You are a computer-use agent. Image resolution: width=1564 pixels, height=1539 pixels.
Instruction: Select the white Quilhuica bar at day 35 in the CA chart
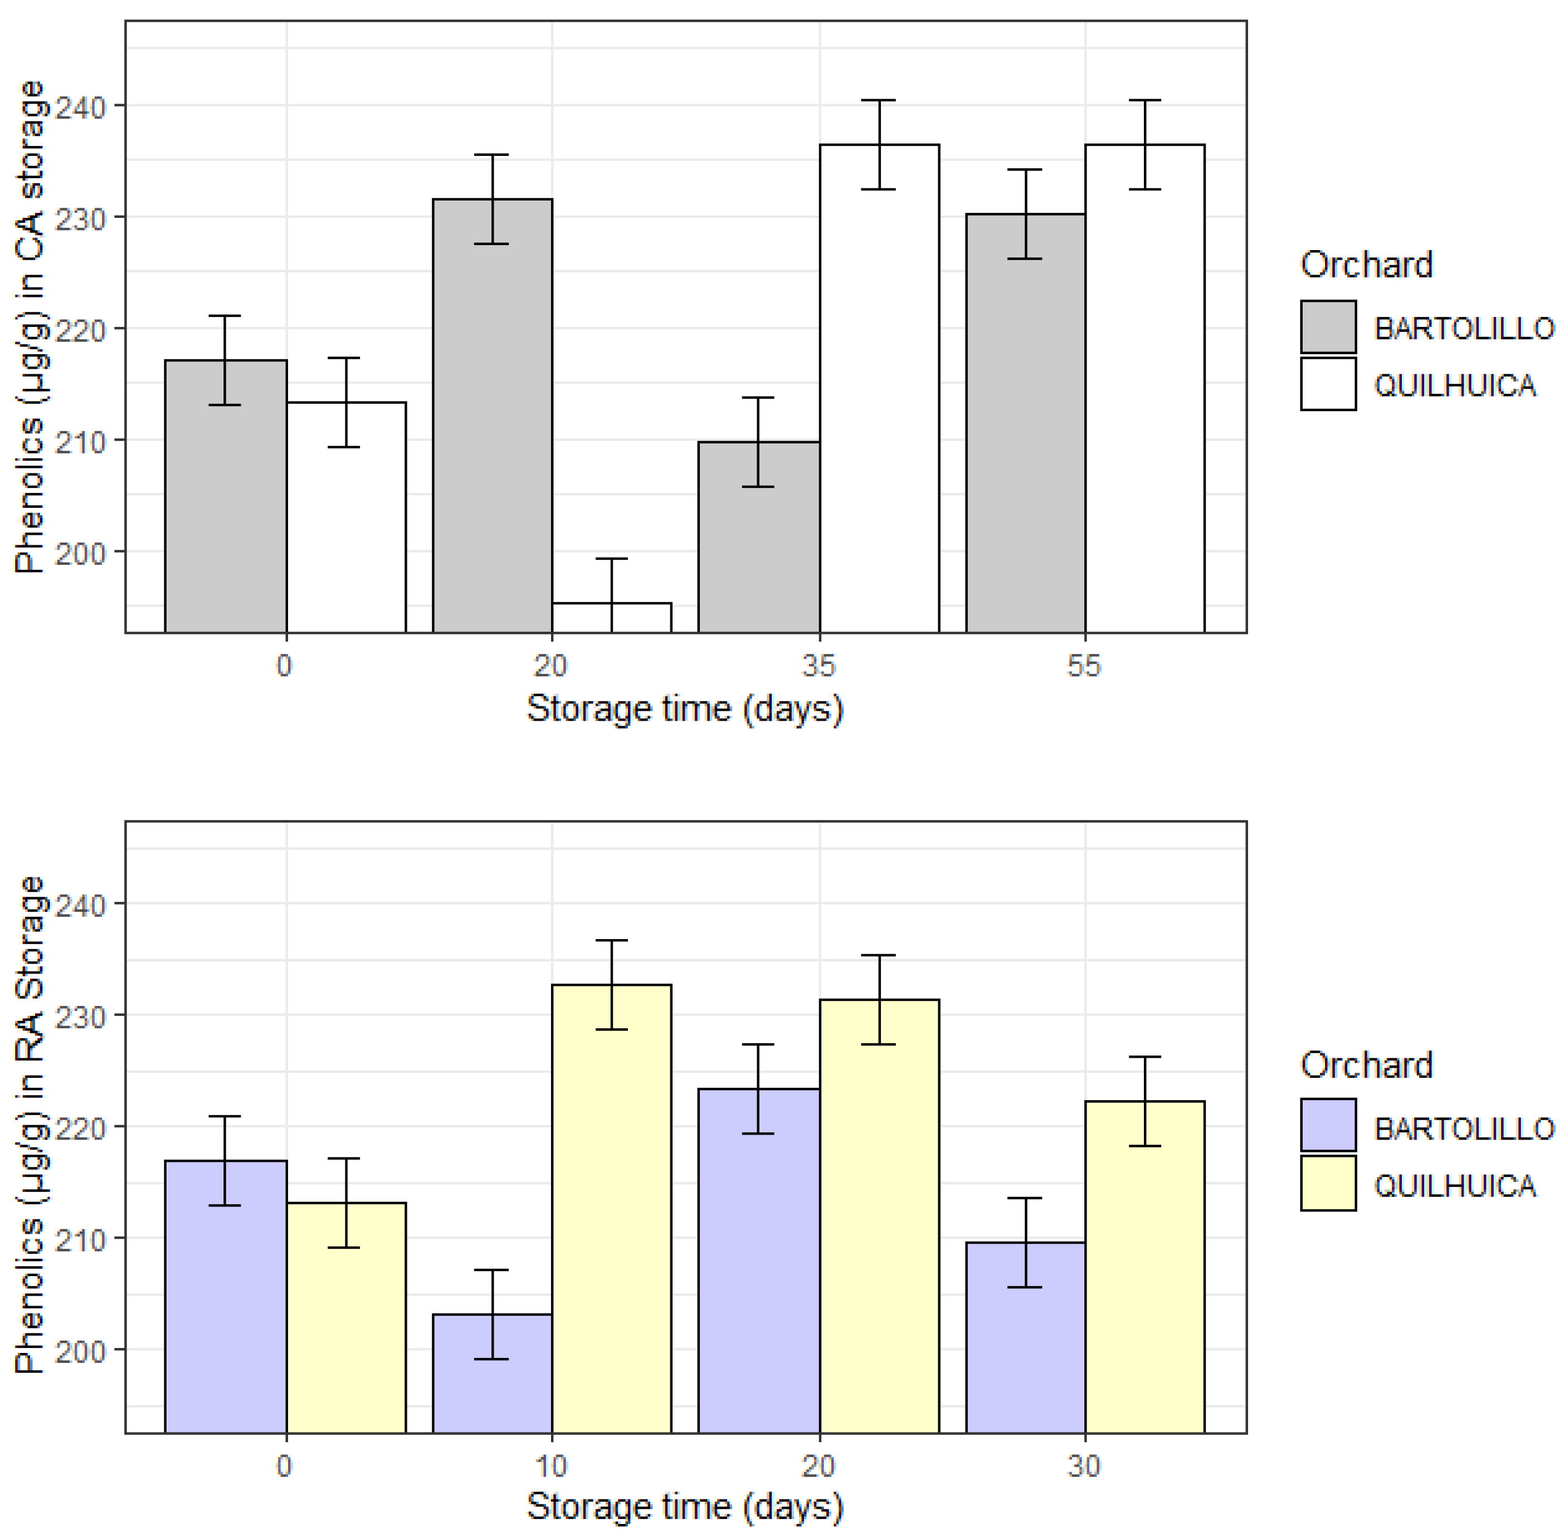(879, 388)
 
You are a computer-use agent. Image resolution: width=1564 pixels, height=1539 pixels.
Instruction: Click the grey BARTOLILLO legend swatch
(1327, 326)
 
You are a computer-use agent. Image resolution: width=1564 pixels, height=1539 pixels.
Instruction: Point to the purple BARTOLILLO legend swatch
(1327, 1125)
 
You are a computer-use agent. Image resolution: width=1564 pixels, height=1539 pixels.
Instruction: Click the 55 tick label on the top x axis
(1084, 666)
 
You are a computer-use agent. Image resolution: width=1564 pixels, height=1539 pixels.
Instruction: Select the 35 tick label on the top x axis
(818, 666)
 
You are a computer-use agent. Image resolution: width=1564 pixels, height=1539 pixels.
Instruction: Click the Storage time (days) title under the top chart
(685, 709)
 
